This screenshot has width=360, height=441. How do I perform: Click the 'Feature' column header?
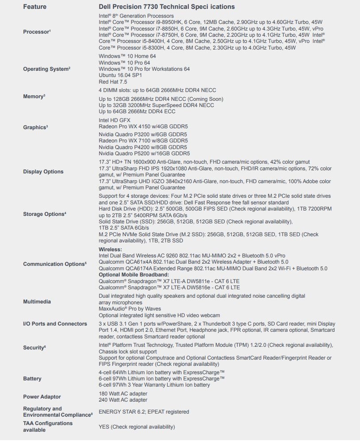34,7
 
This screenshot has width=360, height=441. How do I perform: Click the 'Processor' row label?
36,32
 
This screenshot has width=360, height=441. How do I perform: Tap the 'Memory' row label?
34,96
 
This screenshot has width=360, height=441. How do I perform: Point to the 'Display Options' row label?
43,172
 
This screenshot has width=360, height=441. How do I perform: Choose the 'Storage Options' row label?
44,214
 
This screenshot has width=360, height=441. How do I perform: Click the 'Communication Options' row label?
54,264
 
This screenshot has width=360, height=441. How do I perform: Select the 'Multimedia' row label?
37,302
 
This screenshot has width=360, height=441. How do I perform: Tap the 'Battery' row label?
32,379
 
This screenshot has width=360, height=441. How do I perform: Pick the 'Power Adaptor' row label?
42,397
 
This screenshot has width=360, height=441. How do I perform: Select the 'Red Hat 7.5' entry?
113,82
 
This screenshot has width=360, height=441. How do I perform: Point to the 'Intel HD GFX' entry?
114,120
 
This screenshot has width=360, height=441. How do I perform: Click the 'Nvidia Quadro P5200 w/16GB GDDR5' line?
144,153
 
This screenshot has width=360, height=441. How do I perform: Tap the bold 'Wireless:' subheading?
110,249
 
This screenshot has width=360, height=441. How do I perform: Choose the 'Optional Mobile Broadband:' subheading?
134,275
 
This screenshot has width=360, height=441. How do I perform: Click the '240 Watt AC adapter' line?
123,400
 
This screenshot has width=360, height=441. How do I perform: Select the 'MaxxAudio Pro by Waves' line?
130,309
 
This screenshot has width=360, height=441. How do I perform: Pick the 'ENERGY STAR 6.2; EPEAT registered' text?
144,412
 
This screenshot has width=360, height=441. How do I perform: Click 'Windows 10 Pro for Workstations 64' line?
144,69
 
